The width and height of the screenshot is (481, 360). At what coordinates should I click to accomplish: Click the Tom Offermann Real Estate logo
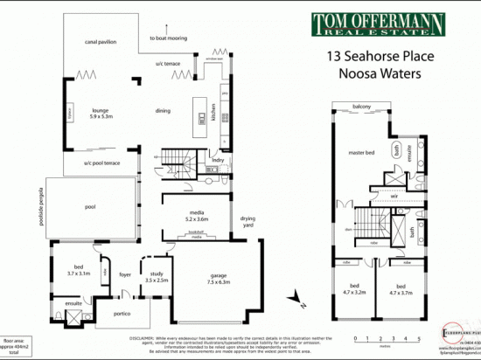(x=377, y=24)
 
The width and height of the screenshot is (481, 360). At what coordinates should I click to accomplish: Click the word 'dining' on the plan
(x=163, y=111)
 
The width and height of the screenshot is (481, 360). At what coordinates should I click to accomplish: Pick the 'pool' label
(x=91, y=208)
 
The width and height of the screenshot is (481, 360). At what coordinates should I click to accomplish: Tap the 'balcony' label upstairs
(x=362, y=107)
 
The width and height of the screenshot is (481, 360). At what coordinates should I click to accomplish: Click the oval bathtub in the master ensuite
(x=400, y=150)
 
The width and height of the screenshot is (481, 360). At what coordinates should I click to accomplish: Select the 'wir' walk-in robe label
(x=370, y=197)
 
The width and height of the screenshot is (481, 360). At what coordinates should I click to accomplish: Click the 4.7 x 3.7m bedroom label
(x=399, y=289)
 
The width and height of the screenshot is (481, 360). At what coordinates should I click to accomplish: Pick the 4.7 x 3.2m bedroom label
(x=354, y=289)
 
